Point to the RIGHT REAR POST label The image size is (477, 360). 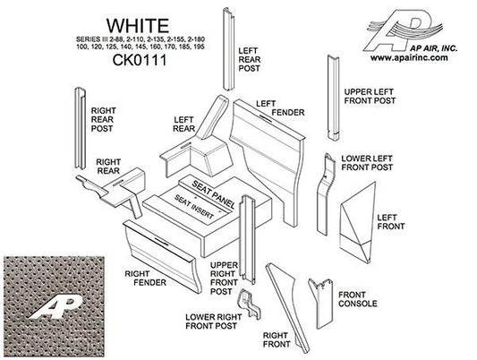pyautogui.click(x=106, y=119)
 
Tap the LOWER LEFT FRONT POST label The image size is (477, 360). pyautogui.click(x=367, y=162)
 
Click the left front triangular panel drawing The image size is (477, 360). pyautogui.click(x=362, y=224)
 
